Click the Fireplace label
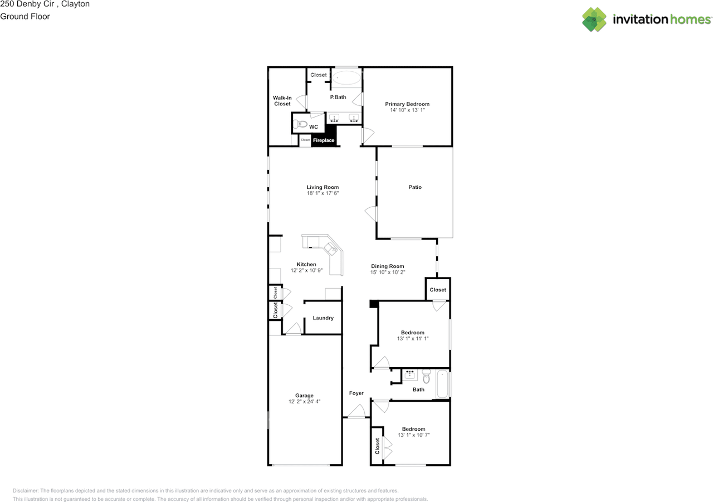(323, 140)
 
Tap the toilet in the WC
(300, 124)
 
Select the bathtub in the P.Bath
(346, 77)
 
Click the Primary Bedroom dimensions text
(407, 111)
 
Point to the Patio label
(415, 187)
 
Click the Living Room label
(323, 187)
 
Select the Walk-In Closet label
(282, 101)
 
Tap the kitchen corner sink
(331, 248)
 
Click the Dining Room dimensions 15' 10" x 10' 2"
(388, 272)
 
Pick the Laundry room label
(323, 318)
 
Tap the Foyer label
(356, 393)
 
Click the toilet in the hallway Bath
(427, 377)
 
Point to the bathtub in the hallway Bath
(443, 383)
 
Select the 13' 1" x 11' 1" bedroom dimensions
(413, 339)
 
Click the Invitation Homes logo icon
(594, 20)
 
